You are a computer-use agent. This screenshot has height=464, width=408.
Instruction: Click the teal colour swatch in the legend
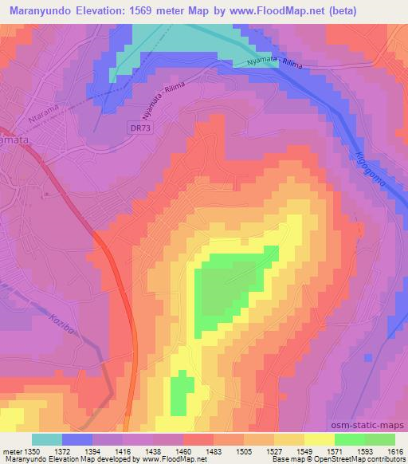[46, 439]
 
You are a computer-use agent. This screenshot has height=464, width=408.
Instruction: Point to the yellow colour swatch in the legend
[319, 439]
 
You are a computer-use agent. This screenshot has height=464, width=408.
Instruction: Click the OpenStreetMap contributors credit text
[367, 459]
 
